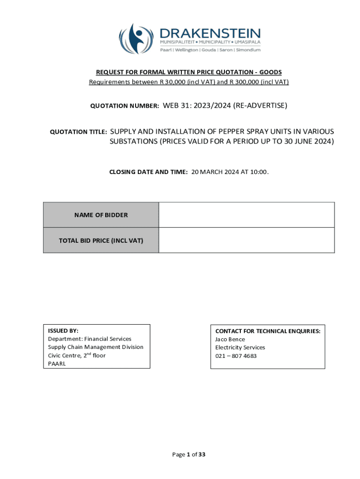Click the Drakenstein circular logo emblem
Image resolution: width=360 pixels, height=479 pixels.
coord(137,39)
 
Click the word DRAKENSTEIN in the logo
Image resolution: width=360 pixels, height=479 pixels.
coord(210,34)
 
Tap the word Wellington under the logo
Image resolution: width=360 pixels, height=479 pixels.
coord(186,50)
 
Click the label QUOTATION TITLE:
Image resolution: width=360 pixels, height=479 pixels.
coord(79,132)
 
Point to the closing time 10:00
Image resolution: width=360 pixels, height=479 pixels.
coord(259,172)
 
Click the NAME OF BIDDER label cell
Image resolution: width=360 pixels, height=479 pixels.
coord(101,215)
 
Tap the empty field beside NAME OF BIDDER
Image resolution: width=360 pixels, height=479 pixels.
coord(246,215)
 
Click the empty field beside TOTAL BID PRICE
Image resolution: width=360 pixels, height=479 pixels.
coord(246,240)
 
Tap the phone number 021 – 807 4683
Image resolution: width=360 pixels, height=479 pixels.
coord(236,356)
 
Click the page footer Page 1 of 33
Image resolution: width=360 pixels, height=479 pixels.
coord(189,454)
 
